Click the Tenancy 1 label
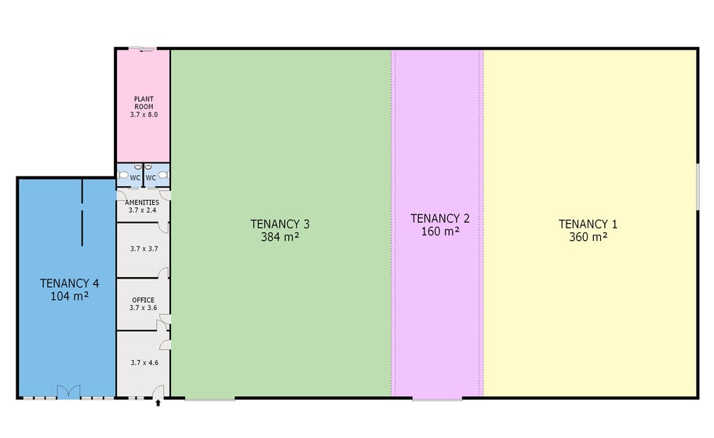pyautogui.click(x=588, y=224)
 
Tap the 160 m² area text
pyautogui.click(x=440, y=232)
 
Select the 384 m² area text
pyautogui.click(x=279, y=237)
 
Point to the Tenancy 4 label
pyautogui.click(x=69, y=283)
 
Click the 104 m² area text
pyautogui.click(x=69, y=296)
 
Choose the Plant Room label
pyautogui.click(x=144, y=103)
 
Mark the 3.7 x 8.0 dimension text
pyautogui.click(x=144, y=115)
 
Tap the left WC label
pyautogui.click(x=135, y=177)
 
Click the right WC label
pyautogui.click(x=151, y=177)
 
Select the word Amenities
pyautogui.click(x=142, y=203)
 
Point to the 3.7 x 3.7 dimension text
pyautogui.click(x=144, y=249)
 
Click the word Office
pyautogui.click(x=143, y=300)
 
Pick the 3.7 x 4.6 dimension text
pyautogui.click(x=144, y=363)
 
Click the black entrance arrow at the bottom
pyautogui.click(x=158, y=403)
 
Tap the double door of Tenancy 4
pyautogui.click(x=68, y=392)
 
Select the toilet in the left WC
pyautogui.click(x=123, y=175)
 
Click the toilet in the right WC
pyautogui.click(x=163, y=175)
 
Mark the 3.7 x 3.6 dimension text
pyautogui.click(x=143, y=308)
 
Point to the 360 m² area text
pyautogui.click(x=588, y=237)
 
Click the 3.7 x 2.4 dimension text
pyautogui.click(x=142, y=210)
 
